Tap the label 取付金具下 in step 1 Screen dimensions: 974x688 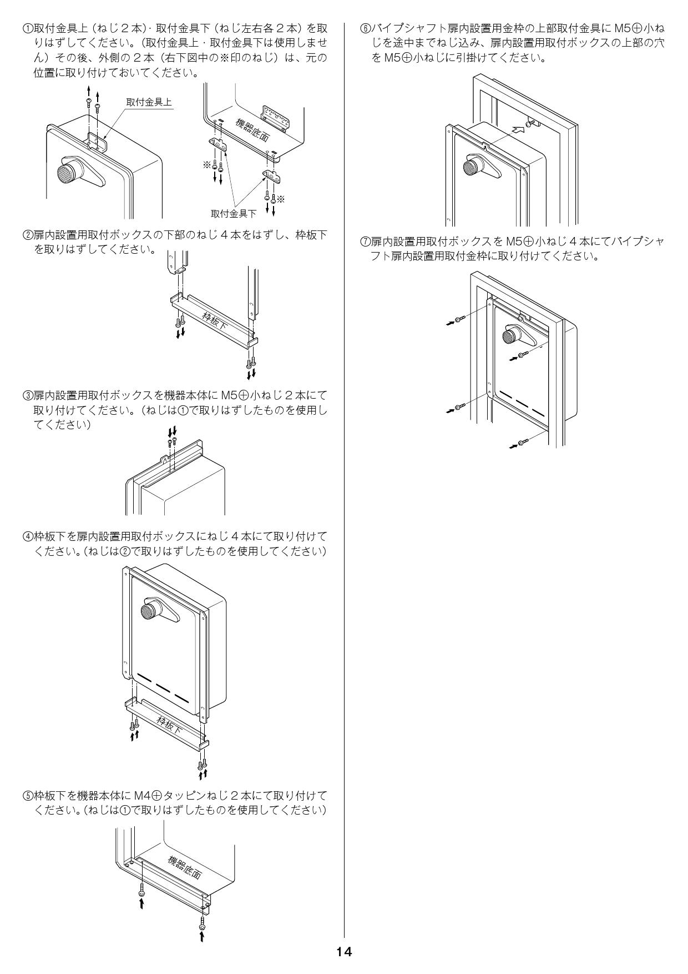(234, 213)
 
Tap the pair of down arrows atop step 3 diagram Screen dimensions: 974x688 (173, 430)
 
